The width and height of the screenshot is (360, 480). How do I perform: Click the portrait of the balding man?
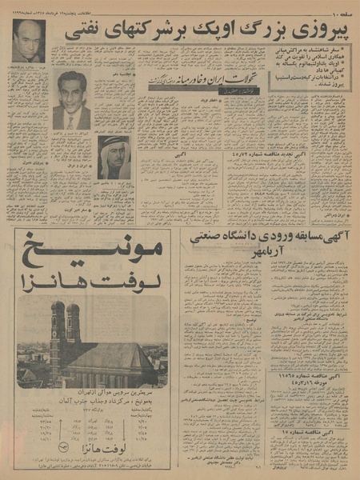pyautogui.click(x=29, y=41)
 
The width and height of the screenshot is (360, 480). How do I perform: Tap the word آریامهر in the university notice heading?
pyautogui.click(x=264, y=252)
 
